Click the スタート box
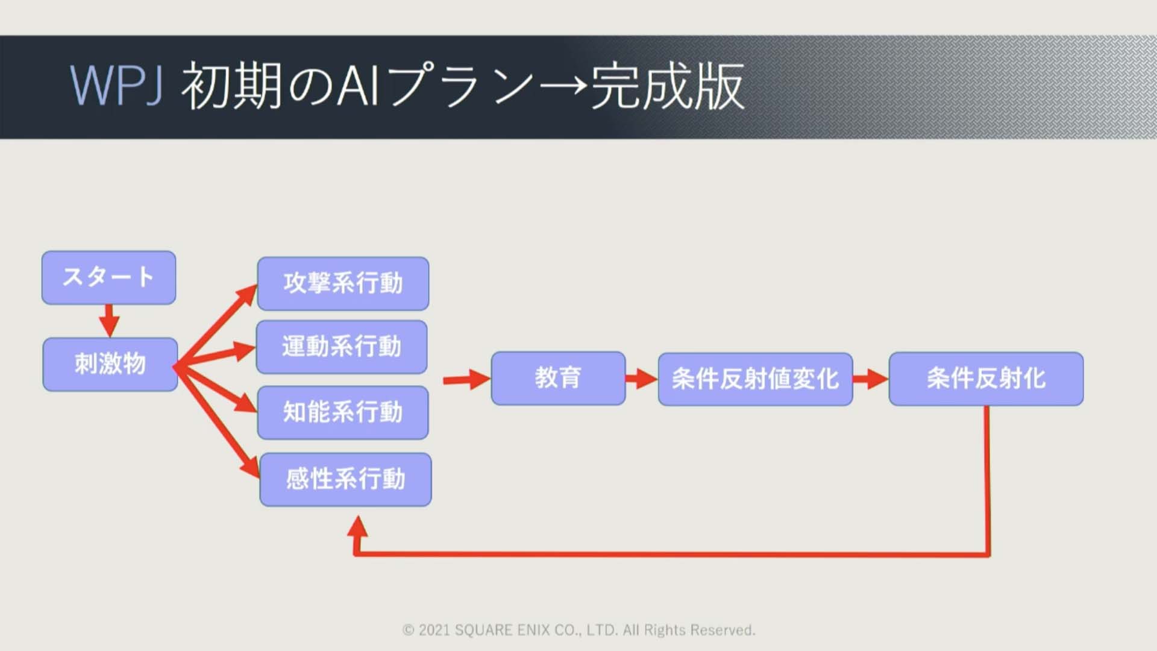(x=109, y=278)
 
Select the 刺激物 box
(x=110, y=365)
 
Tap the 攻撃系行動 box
(x=343, y=284)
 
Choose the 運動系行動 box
(x=342, y=347)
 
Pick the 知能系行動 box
(x=343, y=413)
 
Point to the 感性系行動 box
(x=346, y=480)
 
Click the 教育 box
(x=559, y=379)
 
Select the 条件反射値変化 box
(x=756, y=379)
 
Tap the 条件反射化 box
(x=986, y=379)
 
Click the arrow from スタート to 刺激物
(x=109, y=321)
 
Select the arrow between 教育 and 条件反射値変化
(x=642, y=379)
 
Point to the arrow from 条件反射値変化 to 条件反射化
(x=871, y=379)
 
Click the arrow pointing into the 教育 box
(x=467, y=380)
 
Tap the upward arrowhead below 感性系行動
(x=357, y=527)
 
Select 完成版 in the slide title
(x=668, y=86)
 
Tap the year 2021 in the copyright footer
(x=434, y=631)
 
